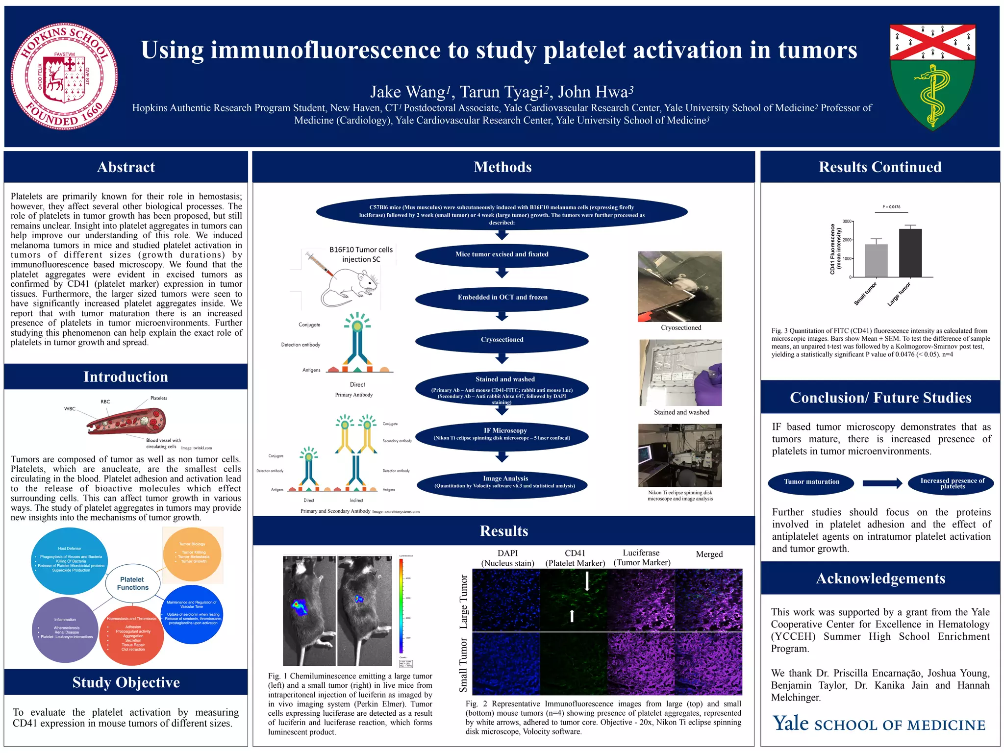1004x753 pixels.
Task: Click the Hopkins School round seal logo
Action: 64,77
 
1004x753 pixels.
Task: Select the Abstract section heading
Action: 126,167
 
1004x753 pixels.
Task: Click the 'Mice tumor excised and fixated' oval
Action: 502,254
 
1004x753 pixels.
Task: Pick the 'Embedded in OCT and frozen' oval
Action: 502,298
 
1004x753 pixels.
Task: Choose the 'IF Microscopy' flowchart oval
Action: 502,434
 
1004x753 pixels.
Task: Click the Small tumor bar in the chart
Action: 876,261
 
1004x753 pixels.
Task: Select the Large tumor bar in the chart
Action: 910,252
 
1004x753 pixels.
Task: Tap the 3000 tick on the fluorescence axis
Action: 847,222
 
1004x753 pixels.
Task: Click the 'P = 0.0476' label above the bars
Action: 891,207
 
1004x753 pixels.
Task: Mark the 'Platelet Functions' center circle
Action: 133,583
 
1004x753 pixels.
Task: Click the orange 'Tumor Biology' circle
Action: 192,554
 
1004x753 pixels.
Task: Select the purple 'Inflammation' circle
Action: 66,629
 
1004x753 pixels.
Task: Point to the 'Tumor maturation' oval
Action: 811,482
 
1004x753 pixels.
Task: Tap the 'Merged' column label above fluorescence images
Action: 709,554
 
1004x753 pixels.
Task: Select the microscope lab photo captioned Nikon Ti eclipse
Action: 679,455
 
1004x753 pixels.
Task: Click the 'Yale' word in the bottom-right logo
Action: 790,724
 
